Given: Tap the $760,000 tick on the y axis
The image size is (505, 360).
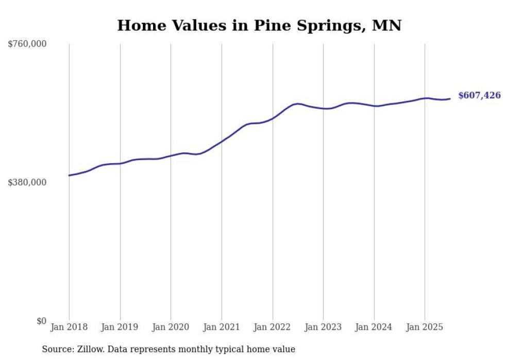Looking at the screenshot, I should click(27, 44).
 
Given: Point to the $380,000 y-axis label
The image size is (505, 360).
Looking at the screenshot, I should click(27, 182).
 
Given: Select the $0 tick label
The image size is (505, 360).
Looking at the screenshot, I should click(41, 321).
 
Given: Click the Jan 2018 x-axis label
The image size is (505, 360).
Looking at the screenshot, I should click(69, 327).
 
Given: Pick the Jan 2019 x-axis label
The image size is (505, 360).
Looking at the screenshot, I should click(120, 327).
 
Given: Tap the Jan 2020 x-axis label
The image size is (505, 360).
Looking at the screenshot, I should click(171, 327).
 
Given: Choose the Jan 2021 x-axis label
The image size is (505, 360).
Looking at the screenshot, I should click(222, 327).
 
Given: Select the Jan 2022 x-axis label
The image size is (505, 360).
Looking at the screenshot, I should click(273, 327).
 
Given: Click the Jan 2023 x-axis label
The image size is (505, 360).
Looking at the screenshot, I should click(323, 327).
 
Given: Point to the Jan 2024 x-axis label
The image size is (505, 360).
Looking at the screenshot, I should click(374, 327).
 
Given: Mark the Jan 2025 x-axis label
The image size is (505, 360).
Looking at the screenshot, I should click(425, 327).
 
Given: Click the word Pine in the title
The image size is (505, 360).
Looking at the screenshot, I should click(272, 26).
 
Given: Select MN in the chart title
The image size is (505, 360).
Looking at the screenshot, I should click(387, 26).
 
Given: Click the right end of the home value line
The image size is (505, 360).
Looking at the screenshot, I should click(450, 99).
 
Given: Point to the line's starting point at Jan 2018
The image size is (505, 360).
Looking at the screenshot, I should click(69, 176).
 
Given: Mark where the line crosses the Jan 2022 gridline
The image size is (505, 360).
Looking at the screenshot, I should click(273, 118).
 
